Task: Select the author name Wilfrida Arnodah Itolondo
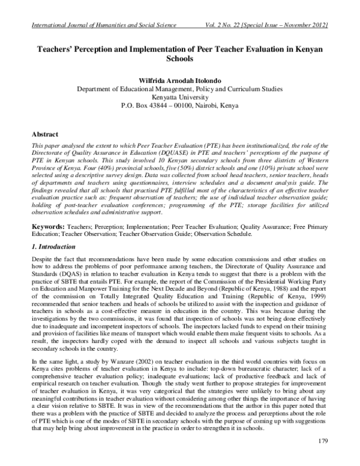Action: (180, 80)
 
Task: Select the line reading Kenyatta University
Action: (180, 97)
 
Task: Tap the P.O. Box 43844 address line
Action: (180, 106)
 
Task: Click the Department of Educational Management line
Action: (180, 89)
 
